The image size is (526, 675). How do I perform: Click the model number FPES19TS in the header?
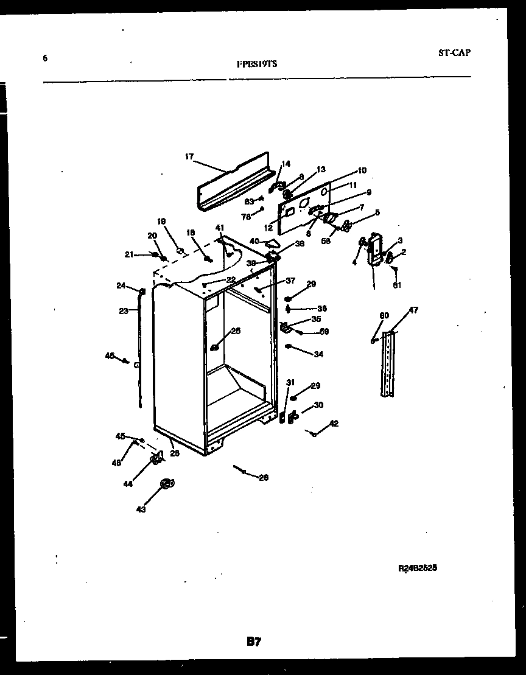pos(257,63)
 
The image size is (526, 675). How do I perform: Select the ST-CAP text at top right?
pos(454,52)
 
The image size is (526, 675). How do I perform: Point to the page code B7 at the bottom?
pos(254,641)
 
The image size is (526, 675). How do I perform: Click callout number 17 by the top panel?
pos(189,156)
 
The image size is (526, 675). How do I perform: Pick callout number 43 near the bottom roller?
pos(141,509)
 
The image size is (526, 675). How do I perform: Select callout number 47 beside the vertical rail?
pos(413,310)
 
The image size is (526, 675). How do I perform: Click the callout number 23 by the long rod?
pos(123,310)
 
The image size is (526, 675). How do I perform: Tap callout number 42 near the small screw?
pos(334,424)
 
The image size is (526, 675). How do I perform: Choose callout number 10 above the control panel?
pos(362,170)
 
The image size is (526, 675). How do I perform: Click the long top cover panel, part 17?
pos(233,181)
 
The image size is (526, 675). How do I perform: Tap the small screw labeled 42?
pos(313,433)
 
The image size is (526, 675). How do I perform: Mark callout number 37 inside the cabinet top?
pos(290,281)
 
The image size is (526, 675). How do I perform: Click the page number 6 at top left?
pos(45,58)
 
